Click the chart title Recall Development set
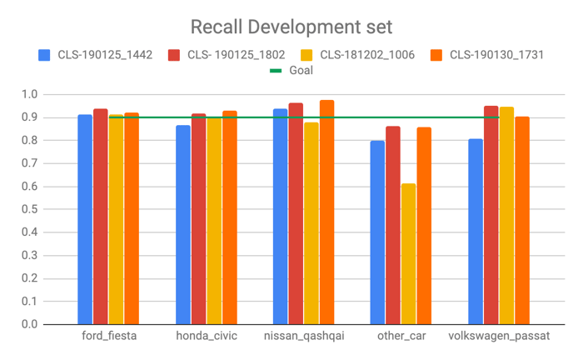[x=291, y=26]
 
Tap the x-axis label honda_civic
[x=207, y=336]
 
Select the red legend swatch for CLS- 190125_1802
[x=174, y=55]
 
